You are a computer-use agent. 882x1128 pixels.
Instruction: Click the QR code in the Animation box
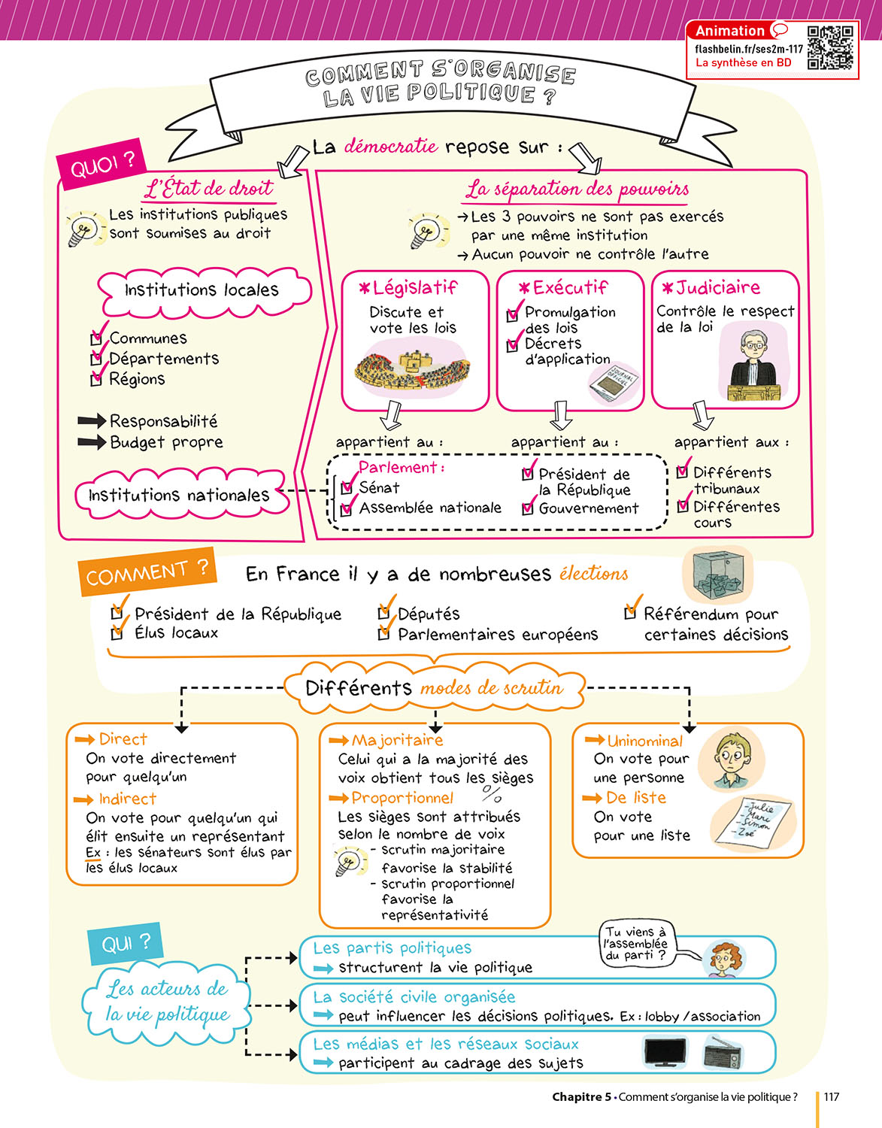tap(830, 47)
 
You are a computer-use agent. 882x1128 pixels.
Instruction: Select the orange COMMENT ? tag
tap(147, 573)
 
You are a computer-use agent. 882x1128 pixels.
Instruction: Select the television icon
tap(665, 1052)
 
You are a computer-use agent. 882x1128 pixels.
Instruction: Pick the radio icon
tap(722, 1051)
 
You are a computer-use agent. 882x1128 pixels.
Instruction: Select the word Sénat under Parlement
tap(379, 487)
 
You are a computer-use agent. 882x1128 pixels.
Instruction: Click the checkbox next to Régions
tap(95, 381)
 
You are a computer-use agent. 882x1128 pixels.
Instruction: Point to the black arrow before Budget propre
tap(92, 442)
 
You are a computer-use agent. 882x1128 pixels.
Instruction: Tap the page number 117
tap(831, 1096)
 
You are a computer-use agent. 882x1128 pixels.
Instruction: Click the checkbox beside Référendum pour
tap(630, 614)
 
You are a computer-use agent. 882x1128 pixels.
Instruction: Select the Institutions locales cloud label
tap(202, 290)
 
